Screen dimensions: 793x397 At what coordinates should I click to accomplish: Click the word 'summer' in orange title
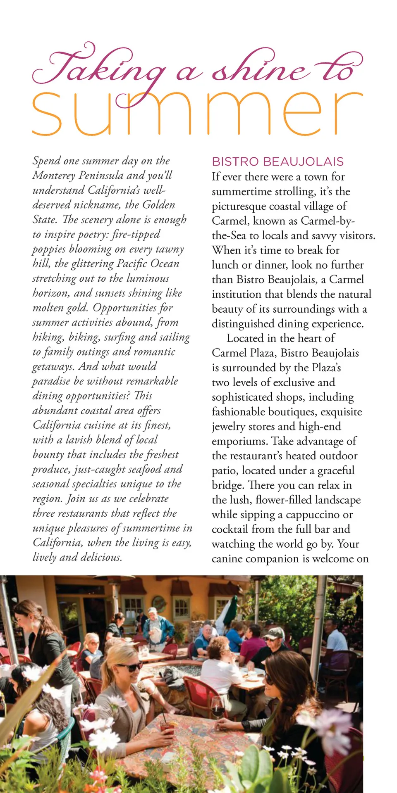pos(197,114)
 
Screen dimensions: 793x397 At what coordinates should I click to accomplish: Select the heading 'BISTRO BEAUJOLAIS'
pos(277,161)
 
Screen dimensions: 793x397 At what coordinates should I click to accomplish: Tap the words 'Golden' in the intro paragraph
pos(159,205)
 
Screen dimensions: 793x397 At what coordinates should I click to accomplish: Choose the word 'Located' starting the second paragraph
pos(245,338)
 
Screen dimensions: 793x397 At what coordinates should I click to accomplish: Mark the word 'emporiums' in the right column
pos(239,442)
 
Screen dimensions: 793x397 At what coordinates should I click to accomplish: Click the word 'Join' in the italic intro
pos(76,499)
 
